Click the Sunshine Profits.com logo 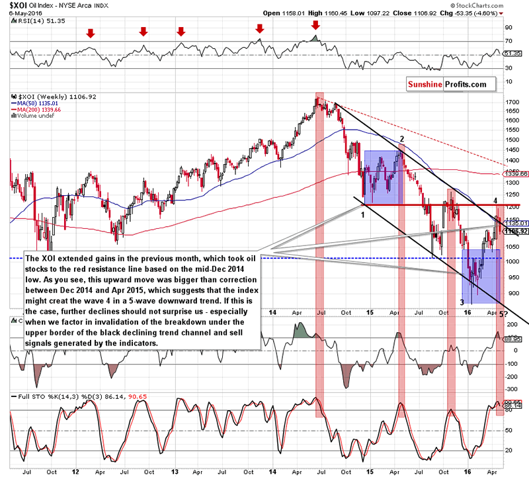point(446,85)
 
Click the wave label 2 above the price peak point(401,138)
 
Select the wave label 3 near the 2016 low point(462,302)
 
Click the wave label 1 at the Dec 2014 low point(362,206)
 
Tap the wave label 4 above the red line point(496,191)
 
